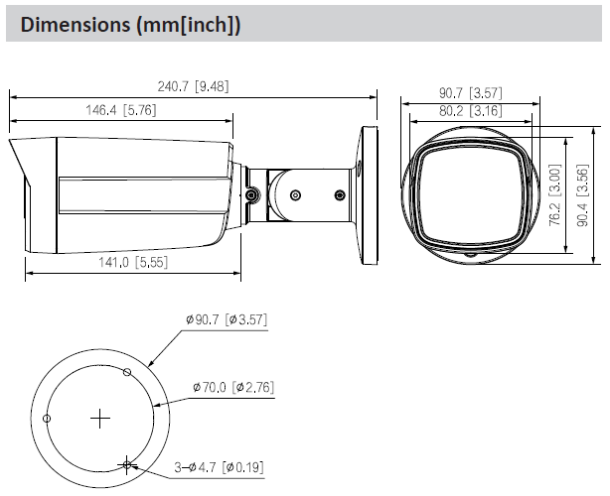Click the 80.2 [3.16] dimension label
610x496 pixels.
(473, 109)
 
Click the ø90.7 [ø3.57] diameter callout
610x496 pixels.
(227, 320)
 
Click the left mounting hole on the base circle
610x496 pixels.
(47, 419)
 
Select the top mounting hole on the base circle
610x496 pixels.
(126, 373)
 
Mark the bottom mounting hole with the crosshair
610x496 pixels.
(126, 463)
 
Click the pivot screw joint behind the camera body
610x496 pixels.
(252, 194)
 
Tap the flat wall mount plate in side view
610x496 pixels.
(368, 194)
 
